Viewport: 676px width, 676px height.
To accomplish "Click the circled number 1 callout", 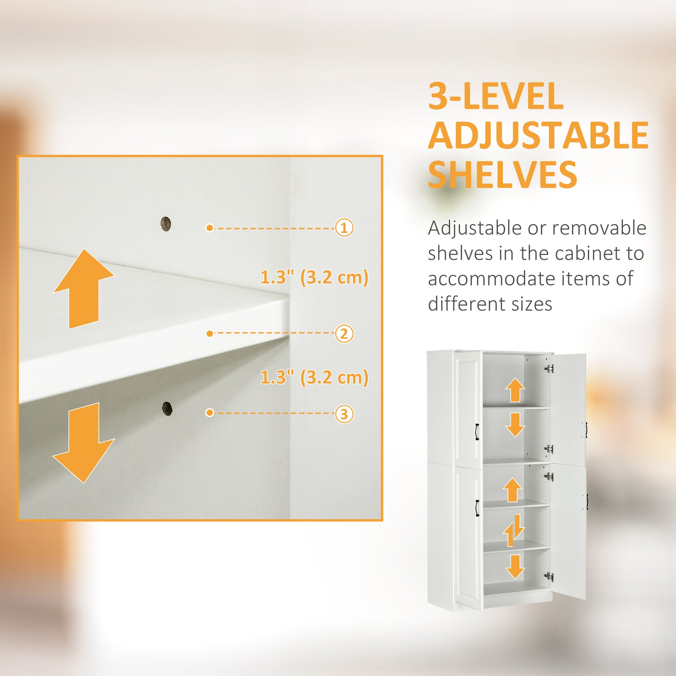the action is pyautogui.click(x=344, y=228).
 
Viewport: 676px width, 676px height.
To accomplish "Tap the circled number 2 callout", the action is pyautogui.click(x=344, y=334).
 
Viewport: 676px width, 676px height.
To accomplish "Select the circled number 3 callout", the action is pyautogui.click(x=344, y=414).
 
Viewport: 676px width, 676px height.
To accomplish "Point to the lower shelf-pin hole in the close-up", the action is pyautogui.click(x=168, y=408).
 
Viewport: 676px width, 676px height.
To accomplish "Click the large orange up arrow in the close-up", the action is pyautogui.click(x=83, y=289).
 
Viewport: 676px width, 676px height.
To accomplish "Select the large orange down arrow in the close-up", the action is pyautogui.click(x=83, y=443).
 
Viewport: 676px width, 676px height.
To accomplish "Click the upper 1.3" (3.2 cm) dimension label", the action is pyautogui.click(x=314, y=278).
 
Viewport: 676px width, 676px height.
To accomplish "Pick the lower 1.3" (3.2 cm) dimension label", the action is pyautogui.click(x=314, y=378).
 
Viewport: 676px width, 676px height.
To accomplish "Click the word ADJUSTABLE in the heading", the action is pyautogui.click(x=538, y=135).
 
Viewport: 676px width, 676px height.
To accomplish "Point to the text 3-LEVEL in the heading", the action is pyautogui.click(x=496, y=96).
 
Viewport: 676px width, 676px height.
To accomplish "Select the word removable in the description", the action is pyautogui.click(x=599, y=228).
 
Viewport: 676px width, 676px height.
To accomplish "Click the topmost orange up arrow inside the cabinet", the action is pyautogui.click(x=515, y=390).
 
